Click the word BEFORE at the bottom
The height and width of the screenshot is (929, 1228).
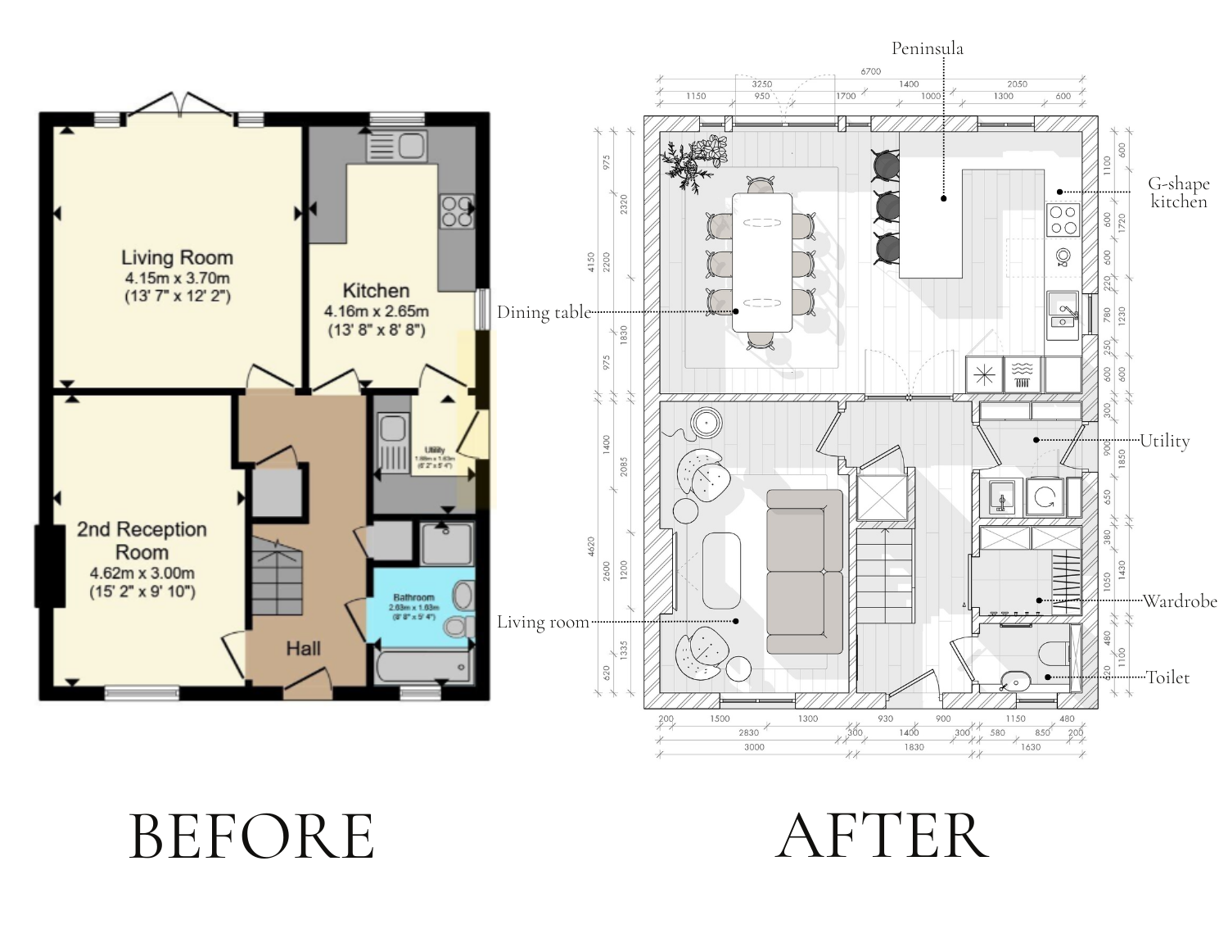251,836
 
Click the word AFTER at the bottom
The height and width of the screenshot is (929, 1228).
882,836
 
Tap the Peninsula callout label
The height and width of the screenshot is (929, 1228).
927,48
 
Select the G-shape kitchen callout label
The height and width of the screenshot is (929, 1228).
1179,193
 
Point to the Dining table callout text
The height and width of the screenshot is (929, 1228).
544,312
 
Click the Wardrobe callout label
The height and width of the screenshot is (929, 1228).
1180,601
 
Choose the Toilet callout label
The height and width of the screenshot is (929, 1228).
1167,677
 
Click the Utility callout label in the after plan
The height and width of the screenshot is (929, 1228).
1164,441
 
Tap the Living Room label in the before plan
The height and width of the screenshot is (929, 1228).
178,258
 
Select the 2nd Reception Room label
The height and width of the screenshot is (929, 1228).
142,541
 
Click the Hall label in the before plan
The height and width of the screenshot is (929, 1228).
303,649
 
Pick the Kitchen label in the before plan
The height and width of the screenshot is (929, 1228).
376,291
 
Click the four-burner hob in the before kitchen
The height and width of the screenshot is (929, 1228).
456,211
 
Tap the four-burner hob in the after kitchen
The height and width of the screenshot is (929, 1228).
1063,220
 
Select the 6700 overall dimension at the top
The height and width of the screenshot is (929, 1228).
870,71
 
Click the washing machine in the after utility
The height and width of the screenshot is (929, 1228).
1045,496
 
